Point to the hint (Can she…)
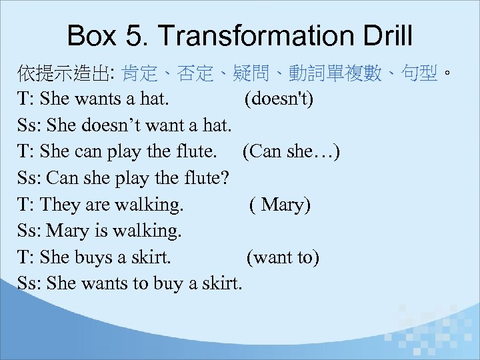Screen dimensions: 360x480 point(291,152)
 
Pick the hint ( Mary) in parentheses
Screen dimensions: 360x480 point(280,205)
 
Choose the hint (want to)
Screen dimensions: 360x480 point(283,257)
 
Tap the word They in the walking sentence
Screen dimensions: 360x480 point(59,205)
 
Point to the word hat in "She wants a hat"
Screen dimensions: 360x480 point(153,100)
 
